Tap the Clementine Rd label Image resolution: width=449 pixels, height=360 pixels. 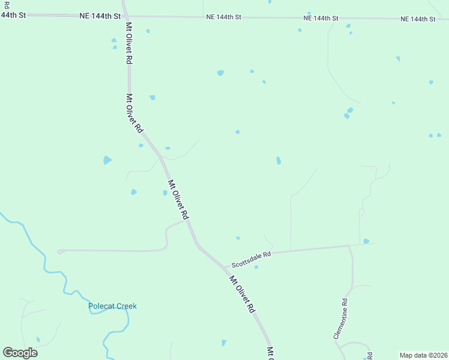pos(340,319)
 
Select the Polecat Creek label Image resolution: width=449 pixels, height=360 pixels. pos(112,306)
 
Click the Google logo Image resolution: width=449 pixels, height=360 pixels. pos(20,353)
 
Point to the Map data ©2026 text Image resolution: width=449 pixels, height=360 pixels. pos(423,355)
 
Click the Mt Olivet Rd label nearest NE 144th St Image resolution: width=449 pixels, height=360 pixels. pos(129,43)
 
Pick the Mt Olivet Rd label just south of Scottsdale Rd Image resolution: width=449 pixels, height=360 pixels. pos(243,294)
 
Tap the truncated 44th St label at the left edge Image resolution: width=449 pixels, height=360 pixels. pos(13,15)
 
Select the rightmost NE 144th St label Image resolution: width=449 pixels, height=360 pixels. pos(418,19)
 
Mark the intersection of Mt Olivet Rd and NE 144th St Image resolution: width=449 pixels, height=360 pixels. pos(125,16)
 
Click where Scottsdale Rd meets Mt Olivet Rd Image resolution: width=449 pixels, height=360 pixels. pos(223,265)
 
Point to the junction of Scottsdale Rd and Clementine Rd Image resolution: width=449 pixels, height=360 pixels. pos(349,245)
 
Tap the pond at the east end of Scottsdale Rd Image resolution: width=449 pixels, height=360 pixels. pos(366,241)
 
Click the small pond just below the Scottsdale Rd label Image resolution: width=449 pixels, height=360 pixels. pos(256,267)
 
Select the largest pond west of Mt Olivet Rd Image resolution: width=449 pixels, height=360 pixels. pos(107,160)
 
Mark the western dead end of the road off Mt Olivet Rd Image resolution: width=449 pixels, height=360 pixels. pos(59,252)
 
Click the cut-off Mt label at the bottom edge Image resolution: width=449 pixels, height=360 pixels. pos(270,353)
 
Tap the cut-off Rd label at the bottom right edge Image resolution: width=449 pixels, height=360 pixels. pos(370,355)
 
